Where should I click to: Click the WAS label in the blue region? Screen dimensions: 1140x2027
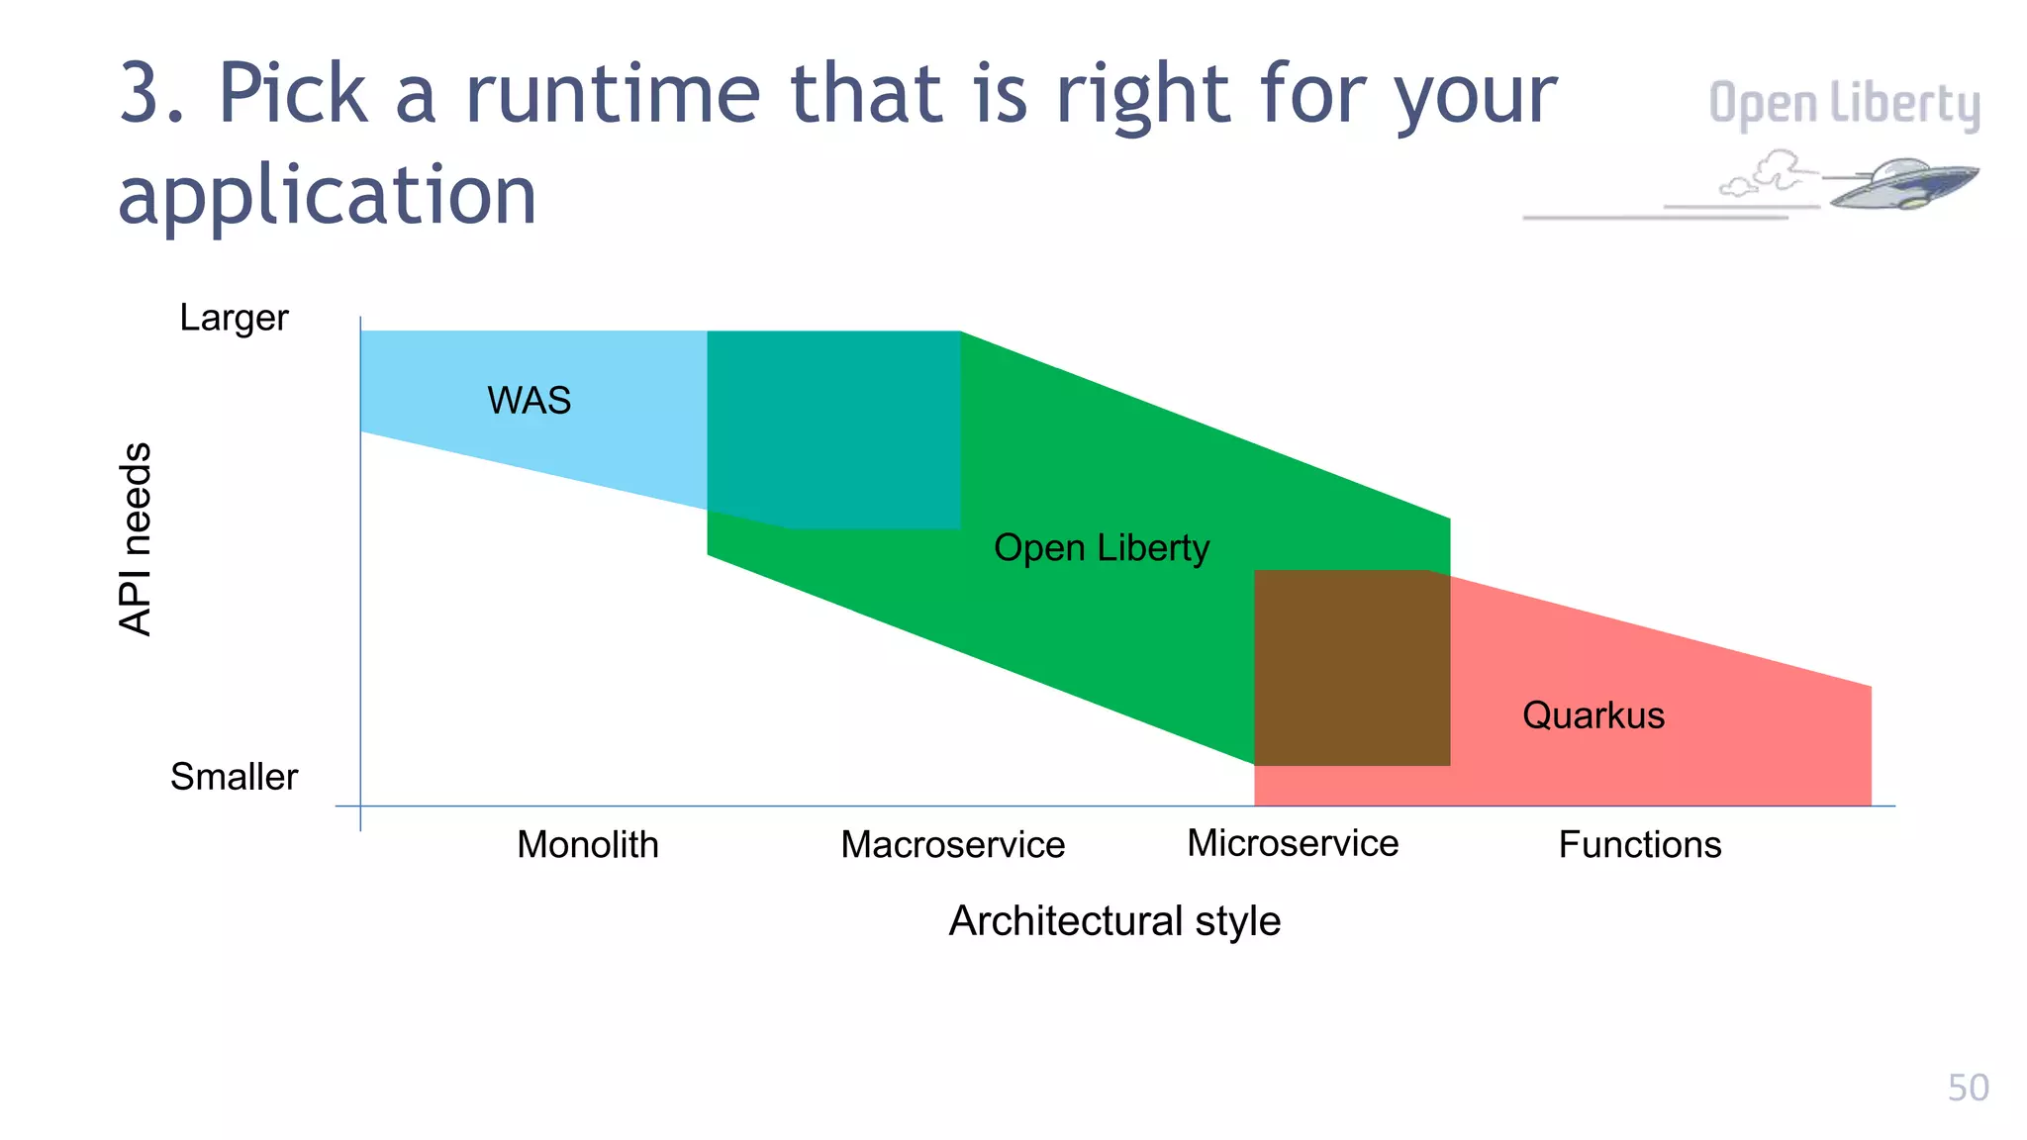click(x=529, y=401)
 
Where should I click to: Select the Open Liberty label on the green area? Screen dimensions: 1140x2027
click(x=1101, y=548)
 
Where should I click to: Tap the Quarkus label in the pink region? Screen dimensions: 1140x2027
click(x=1593, y=715)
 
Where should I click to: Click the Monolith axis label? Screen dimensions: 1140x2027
click(x=587, y=845)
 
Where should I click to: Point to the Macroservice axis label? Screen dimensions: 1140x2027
click(x=952, y=845)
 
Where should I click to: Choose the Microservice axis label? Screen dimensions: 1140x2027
click(x=1292, y=843)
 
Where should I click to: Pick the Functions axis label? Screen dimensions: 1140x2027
click(x=1639, y=845)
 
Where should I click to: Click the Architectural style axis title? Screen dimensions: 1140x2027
click(x=1114, y=921)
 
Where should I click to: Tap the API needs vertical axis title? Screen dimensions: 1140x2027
click(x=136, y=538)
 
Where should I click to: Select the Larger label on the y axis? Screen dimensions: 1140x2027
click(x=234, y=318)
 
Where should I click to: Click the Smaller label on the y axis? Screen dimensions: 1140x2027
click(x=234, y=777)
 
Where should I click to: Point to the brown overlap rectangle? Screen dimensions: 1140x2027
click(x=1351, y=668)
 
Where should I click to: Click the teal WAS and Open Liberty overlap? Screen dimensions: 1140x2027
click(x=833, y=427)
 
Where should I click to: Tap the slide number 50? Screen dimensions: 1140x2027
click(x=1968, y=1088)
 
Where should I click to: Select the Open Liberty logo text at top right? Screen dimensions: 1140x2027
click(x=1843, y=105)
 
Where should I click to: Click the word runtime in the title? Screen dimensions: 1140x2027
click(x=613, y=95)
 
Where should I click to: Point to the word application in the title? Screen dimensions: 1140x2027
click(x=327, y=195)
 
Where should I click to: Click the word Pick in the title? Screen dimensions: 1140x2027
click(x=292, y=95)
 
